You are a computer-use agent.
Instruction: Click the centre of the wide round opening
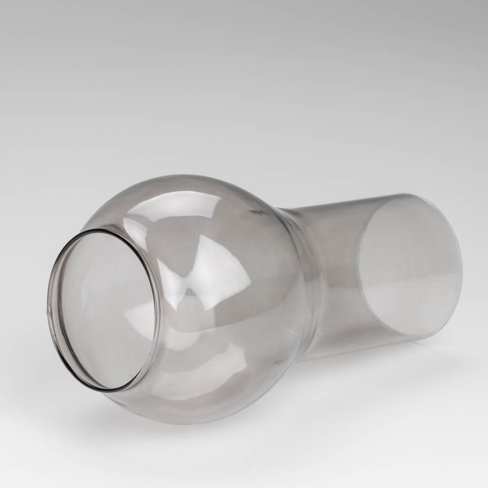click(x=104, y=310)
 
